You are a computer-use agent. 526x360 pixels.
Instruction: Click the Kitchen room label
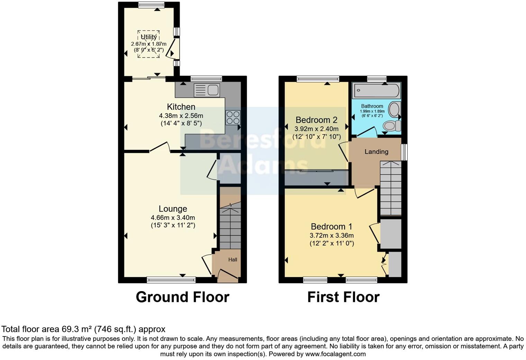pos(181,107)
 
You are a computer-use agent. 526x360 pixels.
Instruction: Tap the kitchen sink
pos(207,90)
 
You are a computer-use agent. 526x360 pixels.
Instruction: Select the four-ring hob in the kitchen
pos(233,117)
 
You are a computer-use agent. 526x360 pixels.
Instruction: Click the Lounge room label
pos(173,209)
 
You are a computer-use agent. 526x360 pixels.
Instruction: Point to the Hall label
pos(233,260)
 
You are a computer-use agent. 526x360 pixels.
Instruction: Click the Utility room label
pos(149,37)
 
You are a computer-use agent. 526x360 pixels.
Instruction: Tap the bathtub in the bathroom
pos(377,91)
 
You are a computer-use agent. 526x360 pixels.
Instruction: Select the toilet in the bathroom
pos(392,126)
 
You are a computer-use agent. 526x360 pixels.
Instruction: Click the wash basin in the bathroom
pos(394,110)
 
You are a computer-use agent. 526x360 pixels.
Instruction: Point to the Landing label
pos(376,152)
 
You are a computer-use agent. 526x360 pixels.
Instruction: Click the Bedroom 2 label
pos(316,120)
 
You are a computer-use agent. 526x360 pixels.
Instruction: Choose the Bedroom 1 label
pos(332,227)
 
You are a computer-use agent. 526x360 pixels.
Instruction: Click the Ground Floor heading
pos(182,297)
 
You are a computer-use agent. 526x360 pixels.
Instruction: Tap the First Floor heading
pos(343,297)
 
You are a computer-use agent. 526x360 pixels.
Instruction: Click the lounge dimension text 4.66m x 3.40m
pos(173,218)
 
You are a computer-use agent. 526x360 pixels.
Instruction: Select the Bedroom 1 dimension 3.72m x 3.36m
pos(332,236)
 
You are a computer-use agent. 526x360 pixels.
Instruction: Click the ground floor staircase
pos(230,225)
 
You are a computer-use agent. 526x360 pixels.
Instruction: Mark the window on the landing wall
pos(404,152)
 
